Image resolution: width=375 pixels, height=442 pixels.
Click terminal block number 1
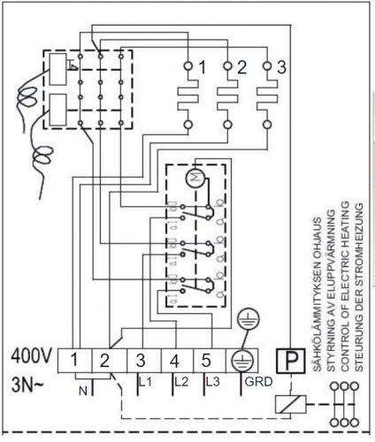[x=75, y=361]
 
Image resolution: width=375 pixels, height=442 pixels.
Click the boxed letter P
[x=291, y=361]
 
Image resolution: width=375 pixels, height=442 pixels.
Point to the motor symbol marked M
[x=195, y=178]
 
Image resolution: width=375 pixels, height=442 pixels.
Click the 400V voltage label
[x=32, y=356]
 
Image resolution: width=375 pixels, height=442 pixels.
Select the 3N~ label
[x=27, y=385]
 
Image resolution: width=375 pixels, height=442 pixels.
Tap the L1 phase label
[x=145, y=382]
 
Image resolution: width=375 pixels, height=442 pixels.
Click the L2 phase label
[x=181, y=382]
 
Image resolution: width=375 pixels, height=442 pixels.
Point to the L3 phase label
[x=213, y=382]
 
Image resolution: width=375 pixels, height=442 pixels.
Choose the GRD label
[x=258, y=382]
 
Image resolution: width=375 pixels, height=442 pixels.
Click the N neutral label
[x=83, y=391]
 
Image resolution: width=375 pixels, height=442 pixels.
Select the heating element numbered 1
[x=187, y=95]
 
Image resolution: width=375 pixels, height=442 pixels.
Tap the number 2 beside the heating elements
[x=241, y=67]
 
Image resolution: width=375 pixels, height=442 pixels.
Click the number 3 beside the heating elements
[x=281, y=67]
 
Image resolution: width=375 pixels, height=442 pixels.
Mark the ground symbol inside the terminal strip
[x=242, y=362]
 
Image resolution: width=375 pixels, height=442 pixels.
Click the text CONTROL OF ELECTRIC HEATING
[x=346, y=286]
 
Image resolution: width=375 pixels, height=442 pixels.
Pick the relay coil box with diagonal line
[x=290, y=404]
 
